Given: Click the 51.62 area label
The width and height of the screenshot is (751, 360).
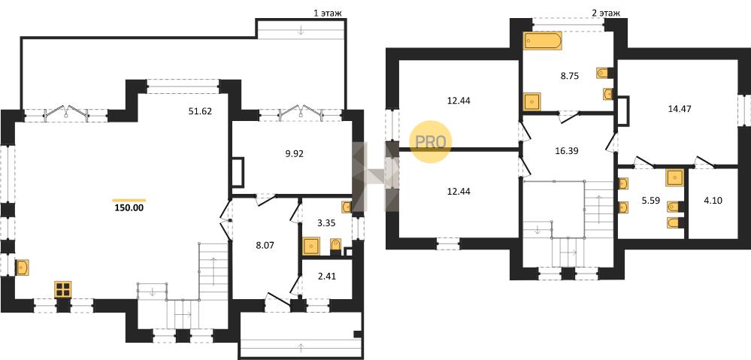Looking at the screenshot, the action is point(200,111).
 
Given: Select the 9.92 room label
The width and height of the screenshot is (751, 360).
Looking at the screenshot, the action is point(294,153).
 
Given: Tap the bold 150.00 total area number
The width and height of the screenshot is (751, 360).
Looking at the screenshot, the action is point(129,207).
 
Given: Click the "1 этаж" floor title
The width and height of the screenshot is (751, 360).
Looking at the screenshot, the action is point(328,14).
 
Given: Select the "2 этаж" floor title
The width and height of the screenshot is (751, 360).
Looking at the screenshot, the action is point(606,14).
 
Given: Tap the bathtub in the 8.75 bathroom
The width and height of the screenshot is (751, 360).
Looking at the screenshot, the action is point(543,41).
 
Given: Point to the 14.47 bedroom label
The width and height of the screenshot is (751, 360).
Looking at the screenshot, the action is point(679,109).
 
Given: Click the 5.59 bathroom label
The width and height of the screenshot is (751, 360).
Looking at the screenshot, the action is point(650,201).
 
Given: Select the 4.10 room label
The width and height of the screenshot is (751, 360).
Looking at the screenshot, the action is point(713,201).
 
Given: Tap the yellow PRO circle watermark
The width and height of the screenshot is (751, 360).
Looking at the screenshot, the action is point(430,142).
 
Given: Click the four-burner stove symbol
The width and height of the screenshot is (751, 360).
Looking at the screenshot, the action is point(62,289).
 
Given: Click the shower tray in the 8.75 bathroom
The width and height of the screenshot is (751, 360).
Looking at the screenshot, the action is point(532,101).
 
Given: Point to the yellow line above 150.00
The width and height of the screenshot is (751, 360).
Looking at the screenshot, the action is point(129,200).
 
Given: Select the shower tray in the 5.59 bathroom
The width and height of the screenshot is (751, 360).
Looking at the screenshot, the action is point(674,177).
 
